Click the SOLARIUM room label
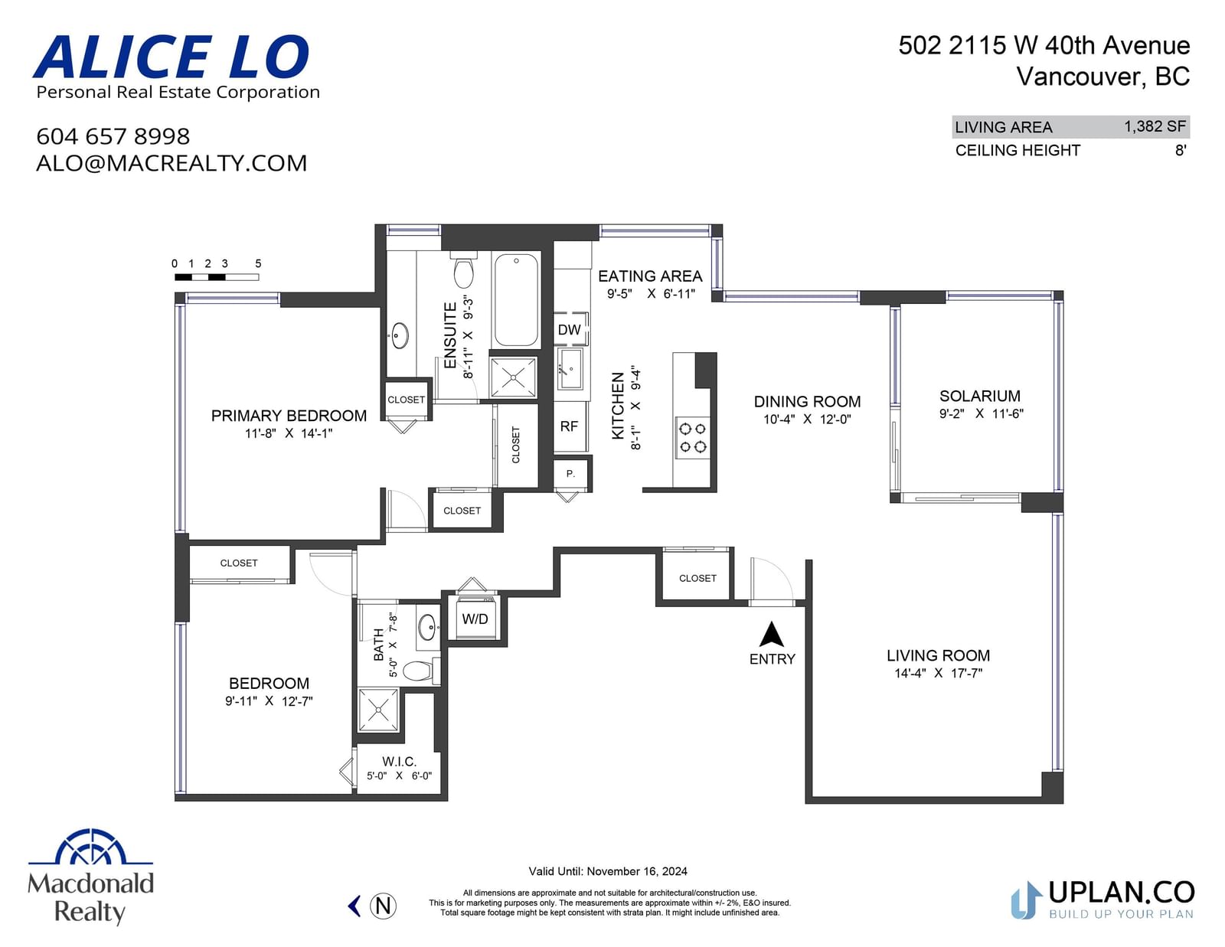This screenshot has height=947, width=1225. click(979, 396)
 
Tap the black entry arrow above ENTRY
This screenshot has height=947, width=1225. click(771, 634)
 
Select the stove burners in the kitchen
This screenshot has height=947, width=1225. click(692, 438)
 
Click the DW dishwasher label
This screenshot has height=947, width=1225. click(569, 330)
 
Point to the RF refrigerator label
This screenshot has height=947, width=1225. click(569, 426)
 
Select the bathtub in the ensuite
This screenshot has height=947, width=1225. click(516, 300)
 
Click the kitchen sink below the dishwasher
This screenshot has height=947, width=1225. click(570, 369)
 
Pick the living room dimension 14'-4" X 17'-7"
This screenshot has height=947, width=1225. click(938, 673)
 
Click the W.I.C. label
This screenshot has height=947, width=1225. click(399, 762)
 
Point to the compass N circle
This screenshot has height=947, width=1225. click(383, 906)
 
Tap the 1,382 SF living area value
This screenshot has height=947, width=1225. click(1155, 126)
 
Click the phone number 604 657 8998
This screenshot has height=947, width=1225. click(113, 136)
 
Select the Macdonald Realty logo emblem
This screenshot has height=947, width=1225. click(91, 847)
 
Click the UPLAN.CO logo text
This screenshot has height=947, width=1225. click(1122, 893)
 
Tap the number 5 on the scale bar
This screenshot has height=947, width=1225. click(258, 263)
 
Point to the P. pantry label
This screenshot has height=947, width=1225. click(570, 474)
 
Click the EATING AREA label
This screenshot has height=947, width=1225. click(650, 276)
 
